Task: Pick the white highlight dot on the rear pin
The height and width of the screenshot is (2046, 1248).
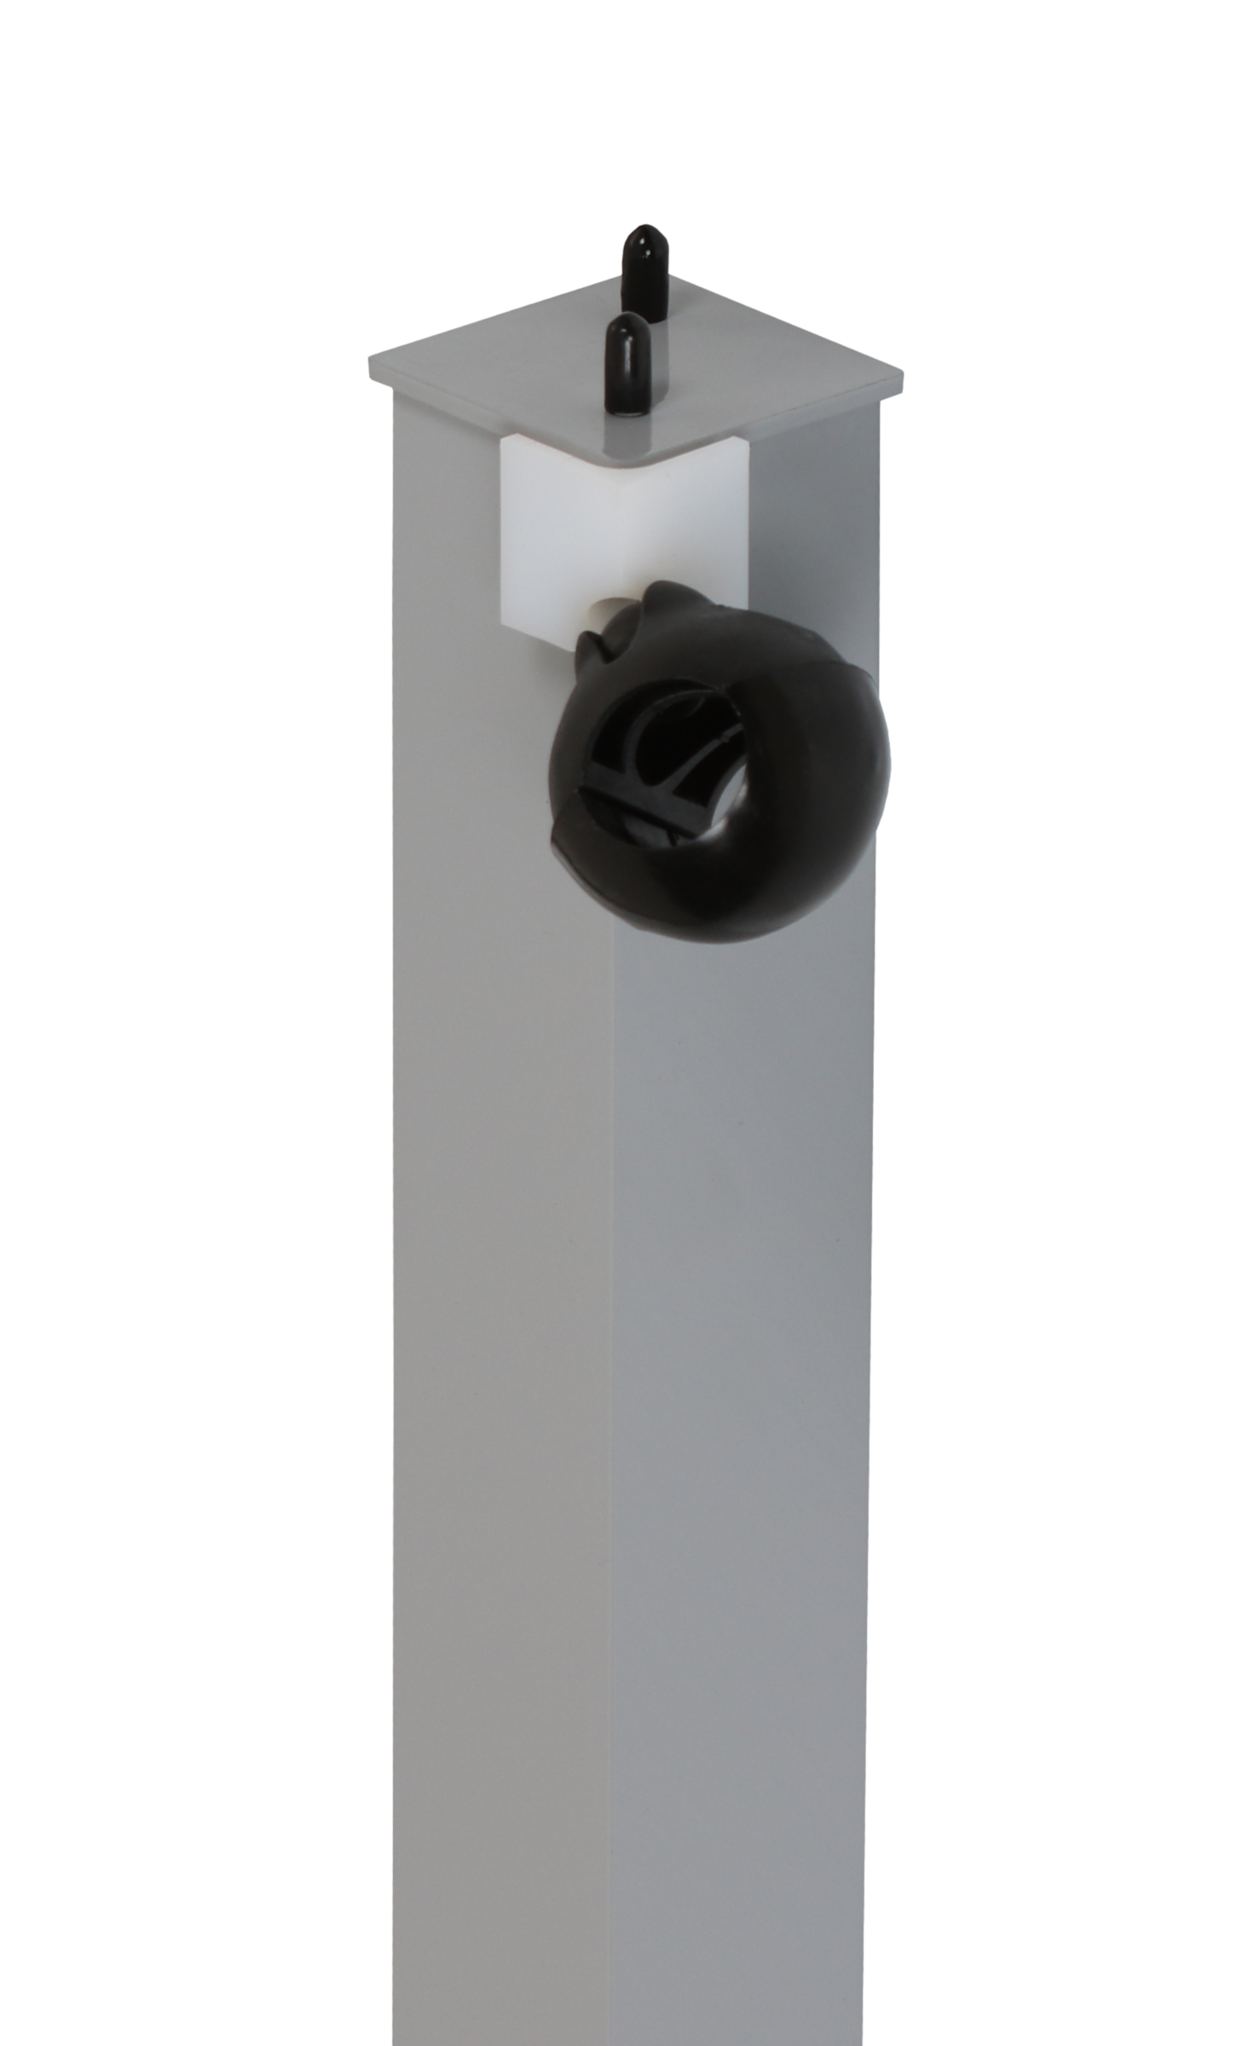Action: (x=640, y=240)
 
